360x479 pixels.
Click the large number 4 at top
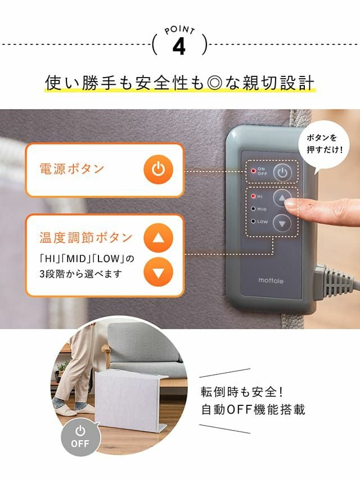[x=179, y=47]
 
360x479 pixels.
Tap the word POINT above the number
[x=179, y=30]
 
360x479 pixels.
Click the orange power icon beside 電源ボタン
[x=158, y=170]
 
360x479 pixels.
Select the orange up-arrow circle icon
[x=158, y=238]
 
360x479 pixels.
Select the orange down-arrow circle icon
[x=158, y=272]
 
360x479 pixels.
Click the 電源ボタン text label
[x=72, y=169]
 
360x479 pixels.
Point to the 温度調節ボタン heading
[x=86, y=237]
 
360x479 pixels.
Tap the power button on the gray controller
[x=282, y=173]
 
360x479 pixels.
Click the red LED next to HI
[x=253, y=196]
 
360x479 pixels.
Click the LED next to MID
[x=253, y=209]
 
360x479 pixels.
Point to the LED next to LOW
[x=253, y=221]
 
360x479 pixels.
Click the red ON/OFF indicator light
[x=253, y=170]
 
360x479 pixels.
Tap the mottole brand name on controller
[x=271, y=281]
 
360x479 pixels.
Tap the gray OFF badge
[x=80, y=437]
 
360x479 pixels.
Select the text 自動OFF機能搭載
[x=253, y=409]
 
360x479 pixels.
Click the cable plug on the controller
[x=330, y=282]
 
